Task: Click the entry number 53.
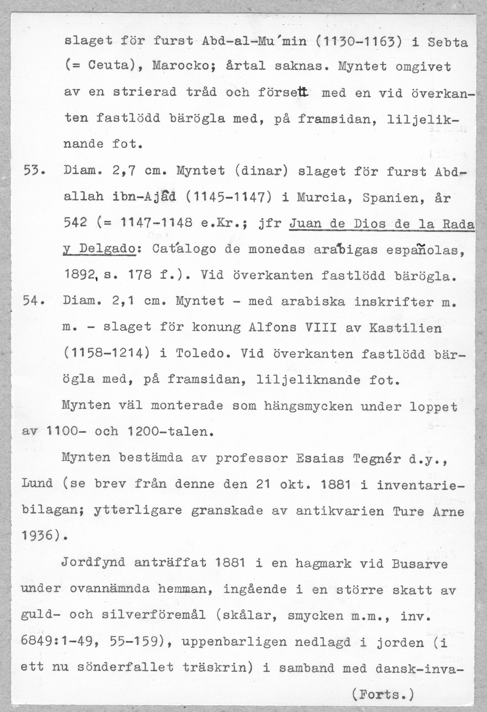tap(33, 171)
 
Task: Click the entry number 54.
tap(33, 302)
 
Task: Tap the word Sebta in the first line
tap(448, 42)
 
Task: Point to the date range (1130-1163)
tap(359, 42)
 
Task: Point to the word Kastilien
tap(406, 328)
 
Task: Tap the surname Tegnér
tap(376, 459)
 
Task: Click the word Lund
tap(37, 484)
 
